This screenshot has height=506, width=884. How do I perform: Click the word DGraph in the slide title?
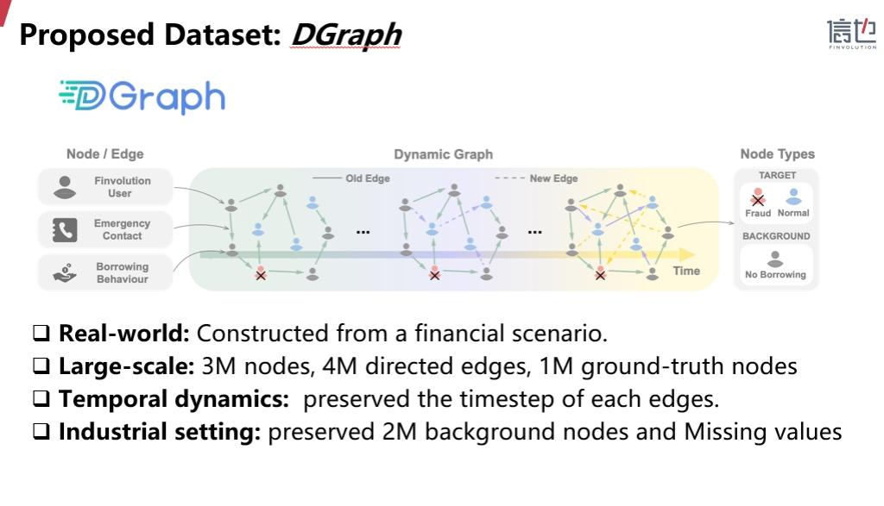(x=345, y=35)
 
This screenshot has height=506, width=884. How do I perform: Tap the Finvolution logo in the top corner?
(x=852, y=34)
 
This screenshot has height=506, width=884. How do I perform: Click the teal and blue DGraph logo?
(x=142, y=97)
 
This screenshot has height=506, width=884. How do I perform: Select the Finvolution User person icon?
(x=65, y=187)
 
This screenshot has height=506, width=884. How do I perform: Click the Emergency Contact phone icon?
(x=65, y=229)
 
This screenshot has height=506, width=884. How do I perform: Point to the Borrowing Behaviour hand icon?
(x=65, y=273)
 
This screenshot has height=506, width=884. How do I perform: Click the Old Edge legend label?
(x=368, y=178)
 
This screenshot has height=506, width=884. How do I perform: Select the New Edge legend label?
(x=553, y=178)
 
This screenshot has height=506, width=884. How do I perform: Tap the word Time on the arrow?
(x=686, y=271)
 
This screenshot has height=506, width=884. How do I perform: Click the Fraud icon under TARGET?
(x=758, y=197)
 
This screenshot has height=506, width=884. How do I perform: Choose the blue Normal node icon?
(x=794, y=197)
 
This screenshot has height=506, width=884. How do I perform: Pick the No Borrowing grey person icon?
(x=775, y=259)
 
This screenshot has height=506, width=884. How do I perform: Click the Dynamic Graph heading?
(x=443, y=154)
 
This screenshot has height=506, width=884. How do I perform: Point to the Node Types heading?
(x=778, y=154)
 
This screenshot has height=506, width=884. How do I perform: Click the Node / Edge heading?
(x=104, y=154)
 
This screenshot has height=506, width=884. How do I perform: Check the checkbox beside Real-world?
(x=41, y=334)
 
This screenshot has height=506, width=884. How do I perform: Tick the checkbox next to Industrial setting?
(x=41, y=432)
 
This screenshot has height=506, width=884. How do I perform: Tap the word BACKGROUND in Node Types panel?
(x=776, y=236)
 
